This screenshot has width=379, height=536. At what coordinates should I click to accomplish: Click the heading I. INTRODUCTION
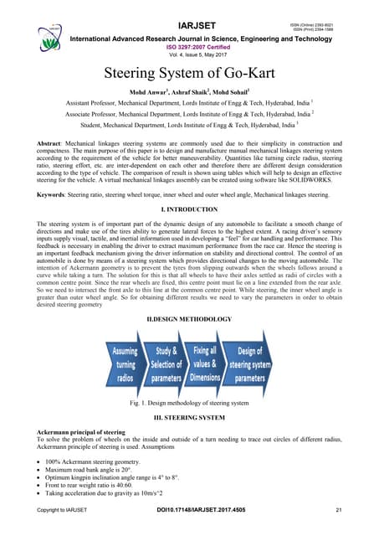point(188,209)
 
